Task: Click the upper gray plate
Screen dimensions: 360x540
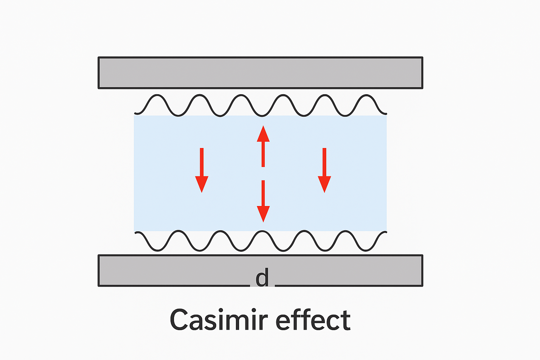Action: coord(260,73)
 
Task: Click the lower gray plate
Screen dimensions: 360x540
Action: coord(176,270)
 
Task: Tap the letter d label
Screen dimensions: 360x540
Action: coord(262,278)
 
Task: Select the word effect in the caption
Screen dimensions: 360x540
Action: coord(313,320)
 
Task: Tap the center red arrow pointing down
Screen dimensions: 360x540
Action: coord(263,201)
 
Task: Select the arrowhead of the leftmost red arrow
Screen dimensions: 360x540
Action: coord(202,184)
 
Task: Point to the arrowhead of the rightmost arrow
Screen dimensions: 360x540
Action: coord(324,184)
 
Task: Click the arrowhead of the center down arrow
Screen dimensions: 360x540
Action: coord(263,213)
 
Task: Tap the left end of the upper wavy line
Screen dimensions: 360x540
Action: coord(136,113)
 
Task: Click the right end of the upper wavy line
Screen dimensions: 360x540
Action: coord(386,113)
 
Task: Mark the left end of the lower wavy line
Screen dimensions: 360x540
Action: coord(136,232)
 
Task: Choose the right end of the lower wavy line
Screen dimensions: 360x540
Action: coord(386,232)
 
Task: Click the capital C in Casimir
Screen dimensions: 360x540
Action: coord(180,320)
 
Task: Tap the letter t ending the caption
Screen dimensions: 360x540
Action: coord(346,320)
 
